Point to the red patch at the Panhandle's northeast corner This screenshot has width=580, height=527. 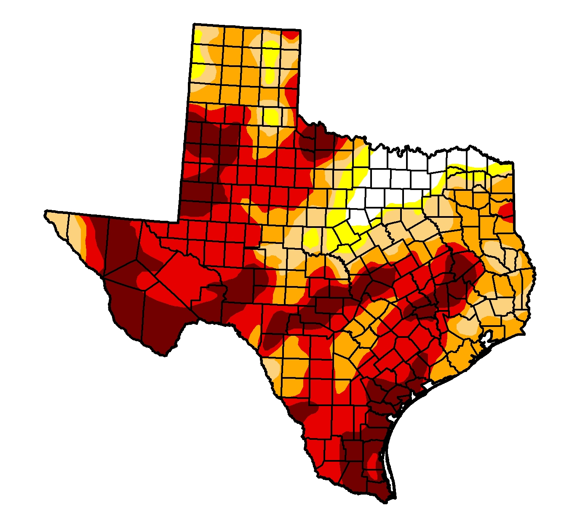(291, 35)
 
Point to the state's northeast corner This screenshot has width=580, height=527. (512, 163)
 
